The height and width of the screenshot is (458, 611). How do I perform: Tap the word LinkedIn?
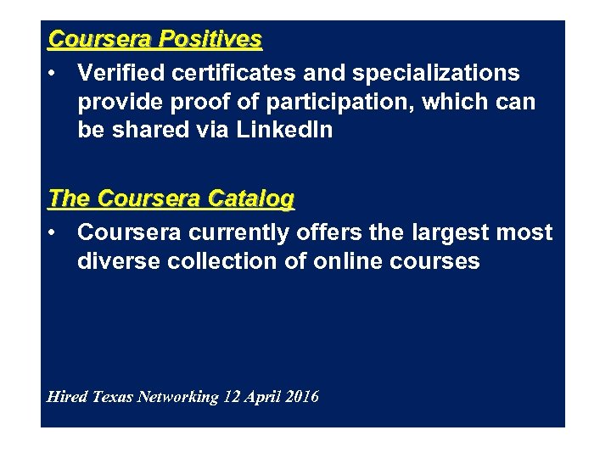[285, 131]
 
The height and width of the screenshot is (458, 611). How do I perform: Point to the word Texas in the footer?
[113, 397]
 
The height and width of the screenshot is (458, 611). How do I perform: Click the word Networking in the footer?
[177, 397]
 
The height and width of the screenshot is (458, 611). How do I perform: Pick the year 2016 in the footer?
[304, 397]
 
